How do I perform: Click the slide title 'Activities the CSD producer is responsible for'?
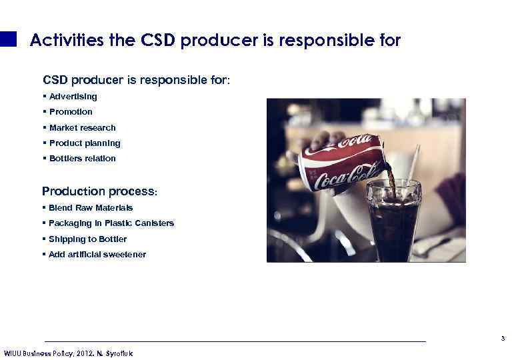215,41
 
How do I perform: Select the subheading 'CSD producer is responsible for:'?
137,80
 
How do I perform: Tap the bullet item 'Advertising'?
73,97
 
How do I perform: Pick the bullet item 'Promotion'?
71,112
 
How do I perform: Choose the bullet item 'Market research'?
82,127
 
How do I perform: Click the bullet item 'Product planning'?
85,143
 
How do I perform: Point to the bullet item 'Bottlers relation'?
82,158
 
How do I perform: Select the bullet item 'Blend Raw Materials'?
91,208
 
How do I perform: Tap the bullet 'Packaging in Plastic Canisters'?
111,223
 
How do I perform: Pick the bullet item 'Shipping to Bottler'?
87,239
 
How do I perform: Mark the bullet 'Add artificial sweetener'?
97,254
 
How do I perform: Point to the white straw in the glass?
413,160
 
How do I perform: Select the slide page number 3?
503,339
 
